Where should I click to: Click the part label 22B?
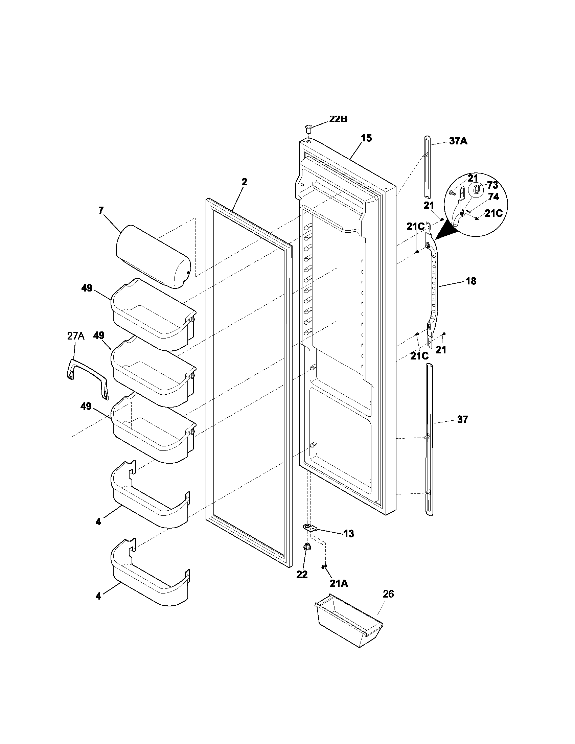pyautogui.click(x=338, y=120)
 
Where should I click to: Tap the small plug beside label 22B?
pyautogui.click(x=308, y=130)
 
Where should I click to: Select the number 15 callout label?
pyautogui.click(x=366, y=138)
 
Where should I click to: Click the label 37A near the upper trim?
pyautogui.click(x=458, y=141)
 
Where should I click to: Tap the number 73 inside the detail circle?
pyautogui.click(x=492, y=185)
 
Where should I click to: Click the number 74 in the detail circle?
pyautogui.click(x=493, y=197)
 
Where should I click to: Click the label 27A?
pyautogui.click(x=75, y=336)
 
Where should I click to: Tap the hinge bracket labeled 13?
pyautogui.click(x=310, y=528)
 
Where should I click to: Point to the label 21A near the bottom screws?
pyautogui.click(x=339, y=584)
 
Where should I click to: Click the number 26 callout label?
pyautogui.click(x=388, y=594)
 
